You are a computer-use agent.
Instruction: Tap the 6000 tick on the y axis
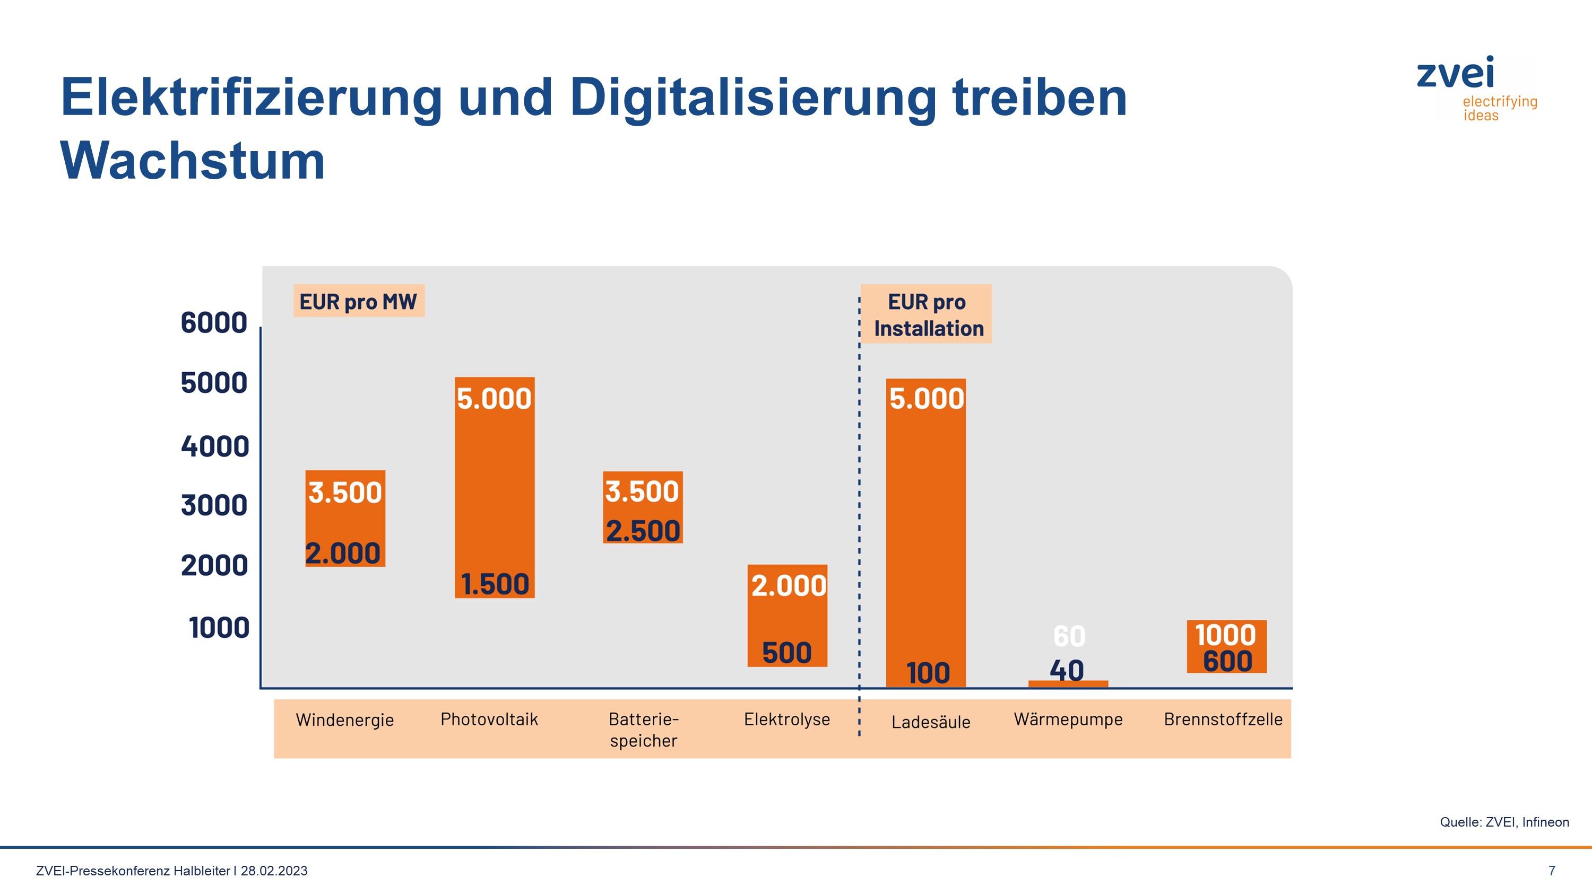[x=214, y=323]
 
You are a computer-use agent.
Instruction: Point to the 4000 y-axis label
[x=214, y=446]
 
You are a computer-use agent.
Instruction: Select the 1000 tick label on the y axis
[x=219, y=628]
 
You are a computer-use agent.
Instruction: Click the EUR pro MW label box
[x=358, y=301]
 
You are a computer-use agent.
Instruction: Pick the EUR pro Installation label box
[x=927, y=314]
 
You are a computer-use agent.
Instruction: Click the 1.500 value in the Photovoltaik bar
[x=495, y=584]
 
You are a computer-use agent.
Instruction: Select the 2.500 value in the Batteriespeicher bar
[x=643, y=531]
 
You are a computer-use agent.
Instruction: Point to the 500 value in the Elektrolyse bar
[x=787, y=653]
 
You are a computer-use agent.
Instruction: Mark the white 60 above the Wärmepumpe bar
[x=1069, y=636]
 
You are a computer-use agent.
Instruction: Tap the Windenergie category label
[x=345, y=720]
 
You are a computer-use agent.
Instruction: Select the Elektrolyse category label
[x=787, y=719]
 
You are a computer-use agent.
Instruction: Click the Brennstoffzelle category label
[x=1223, y=719]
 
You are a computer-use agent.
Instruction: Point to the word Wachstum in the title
[x=192, y=161]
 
